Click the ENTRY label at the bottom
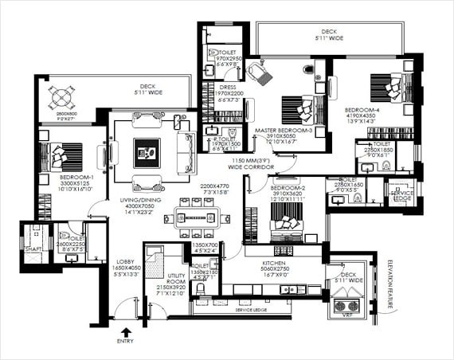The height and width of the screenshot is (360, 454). (125, 341)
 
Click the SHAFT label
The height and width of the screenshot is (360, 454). (33, 248)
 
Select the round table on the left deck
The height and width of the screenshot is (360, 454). (61, 99)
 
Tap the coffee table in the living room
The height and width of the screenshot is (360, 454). (147, 149)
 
